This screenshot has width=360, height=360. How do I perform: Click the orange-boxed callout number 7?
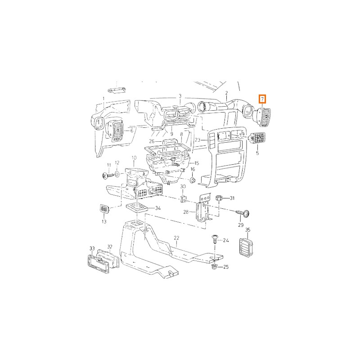pos(262,99)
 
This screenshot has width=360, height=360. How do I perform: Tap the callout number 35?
pos(247,230)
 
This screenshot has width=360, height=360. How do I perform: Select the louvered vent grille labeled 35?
pos(246,247)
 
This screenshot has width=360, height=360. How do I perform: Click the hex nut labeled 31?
pos(219,198)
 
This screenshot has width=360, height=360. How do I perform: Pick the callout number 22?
pos(176,238)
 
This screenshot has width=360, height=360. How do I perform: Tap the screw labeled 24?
pos(215,239)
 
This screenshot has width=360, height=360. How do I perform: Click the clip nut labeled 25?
pos(214,267)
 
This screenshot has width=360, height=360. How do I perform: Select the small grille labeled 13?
pos(104,209)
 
